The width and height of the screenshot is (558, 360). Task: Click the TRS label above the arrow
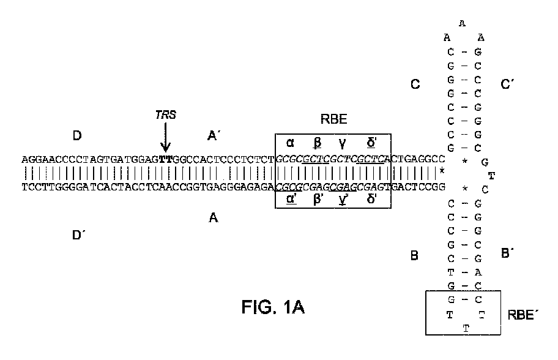click(x=165, y=114)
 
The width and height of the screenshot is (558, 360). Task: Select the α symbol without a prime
click(x=291, y=143)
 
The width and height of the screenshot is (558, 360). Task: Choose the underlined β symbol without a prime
click(x=318, y=143)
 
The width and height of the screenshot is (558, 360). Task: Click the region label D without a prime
click(x=77, y=135)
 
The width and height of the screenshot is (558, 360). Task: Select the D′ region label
click(x=78, y=234)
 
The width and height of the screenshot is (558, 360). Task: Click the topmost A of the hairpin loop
click(x=463, y=24)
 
